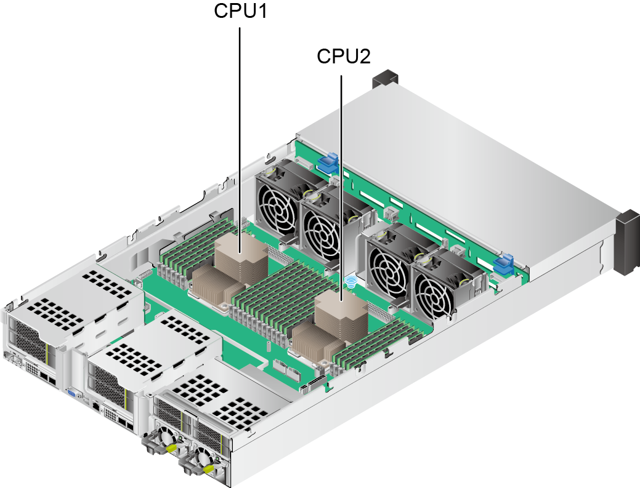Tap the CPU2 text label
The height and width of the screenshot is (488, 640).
[x=343, y=56]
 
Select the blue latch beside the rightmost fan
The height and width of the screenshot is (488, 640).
[x=504, y=263]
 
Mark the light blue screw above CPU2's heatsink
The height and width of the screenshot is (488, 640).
[x=350, y=282]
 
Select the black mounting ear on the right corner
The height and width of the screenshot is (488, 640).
[x=627, y=241]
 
